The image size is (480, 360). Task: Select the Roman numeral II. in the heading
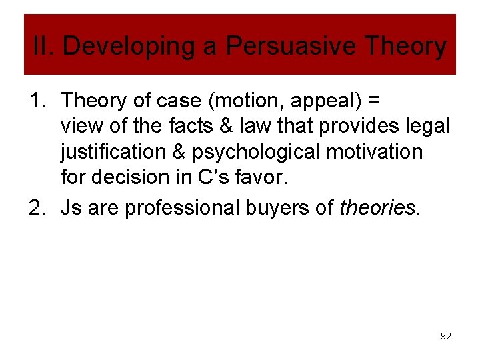pos(45,46)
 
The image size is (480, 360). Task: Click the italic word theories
pos(377,208)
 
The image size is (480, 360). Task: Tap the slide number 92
pos(446,337)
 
